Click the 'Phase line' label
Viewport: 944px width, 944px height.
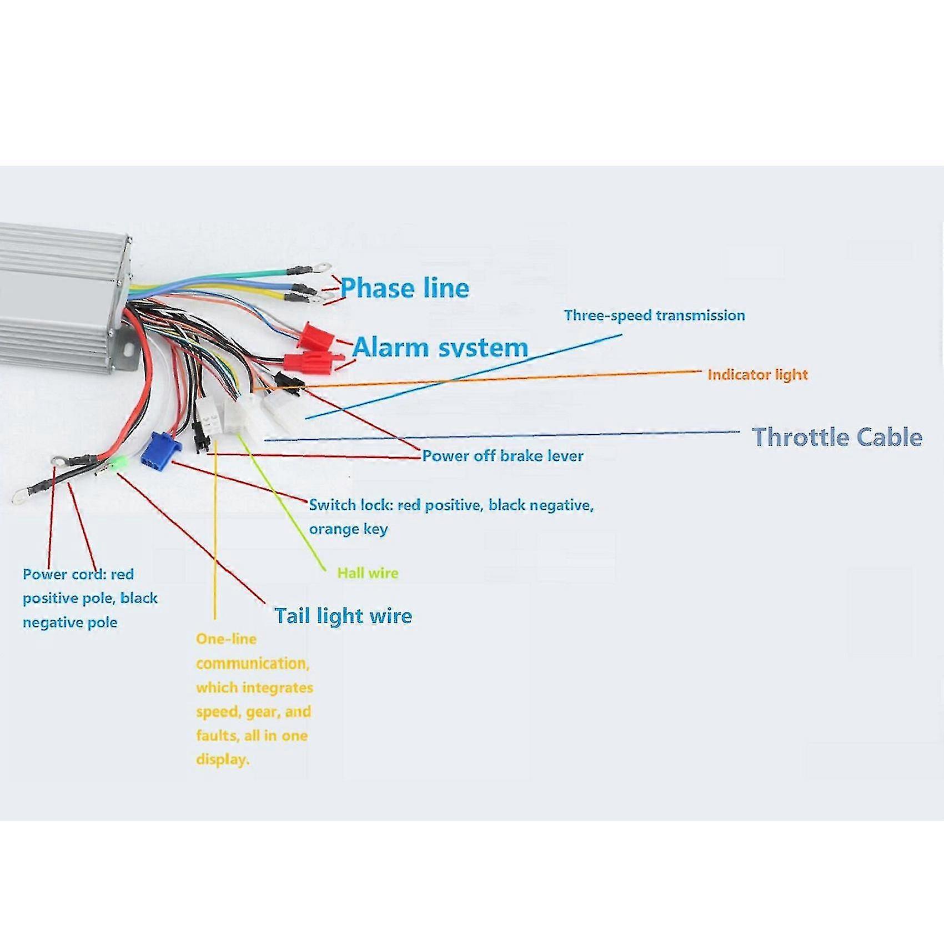click(405, 288)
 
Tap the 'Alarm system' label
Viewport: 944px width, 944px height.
click(440, 348)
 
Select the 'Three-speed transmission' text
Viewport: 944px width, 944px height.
click(654, 315)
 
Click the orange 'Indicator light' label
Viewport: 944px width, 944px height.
click(757, 375)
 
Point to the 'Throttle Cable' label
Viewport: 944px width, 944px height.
click(837, 437)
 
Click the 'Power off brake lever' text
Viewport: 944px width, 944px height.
click(503, 456)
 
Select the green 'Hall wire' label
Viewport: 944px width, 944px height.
click(368, 573)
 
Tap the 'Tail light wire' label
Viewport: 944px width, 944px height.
click(343, 616)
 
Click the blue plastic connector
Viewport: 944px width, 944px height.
click(160, 450)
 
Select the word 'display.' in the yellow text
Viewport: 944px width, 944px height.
click(223, 760)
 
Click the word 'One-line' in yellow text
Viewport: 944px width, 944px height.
click(226, 639)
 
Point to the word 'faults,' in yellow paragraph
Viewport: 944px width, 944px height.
click(218, 736)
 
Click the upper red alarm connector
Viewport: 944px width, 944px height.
click(316, 335)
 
